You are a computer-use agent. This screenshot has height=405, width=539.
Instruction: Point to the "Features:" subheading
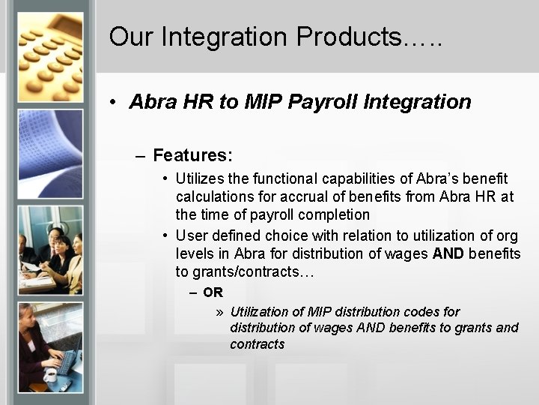[x=192, y=155]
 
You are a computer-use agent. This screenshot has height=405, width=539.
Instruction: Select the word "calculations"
[x=213, y=196]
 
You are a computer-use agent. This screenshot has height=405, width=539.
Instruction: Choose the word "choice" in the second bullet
[x=287, y=236]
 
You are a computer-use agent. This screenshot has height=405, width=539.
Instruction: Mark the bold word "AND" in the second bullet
[x=448, y=254]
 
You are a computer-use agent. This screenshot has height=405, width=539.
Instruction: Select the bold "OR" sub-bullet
[x=213, y=292]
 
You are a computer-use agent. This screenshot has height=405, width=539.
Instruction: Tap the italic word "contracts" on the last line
[x=257, y=344]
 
